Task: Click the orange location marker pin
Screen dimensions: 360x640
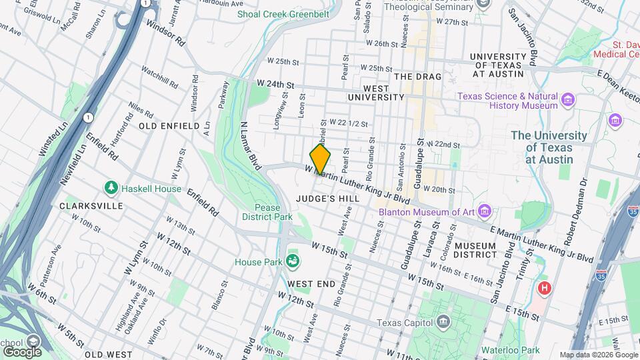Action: pos(320,159)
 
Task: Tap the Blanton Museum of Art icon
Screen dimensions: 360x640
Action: pos(485,212)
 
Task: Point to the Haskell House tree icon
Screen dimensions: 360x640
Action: pos(111,189)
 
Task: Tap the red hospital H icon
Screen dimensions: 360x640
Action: pos(545,289)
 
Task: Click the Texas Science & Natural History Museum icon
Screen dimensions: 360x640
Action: pos(568,101)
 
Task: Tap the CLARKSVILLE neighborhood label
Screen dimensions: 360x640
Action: pos(91,206)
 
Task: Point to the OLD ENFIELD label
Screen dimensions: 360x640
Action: pos(169,125)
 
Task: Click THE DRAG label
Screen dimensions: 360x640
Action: pos(418,77)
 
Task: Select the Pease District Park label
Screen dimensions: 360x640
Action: pos(267,212)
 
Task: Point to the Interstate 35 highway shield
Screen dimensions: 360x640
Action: pos(632,211)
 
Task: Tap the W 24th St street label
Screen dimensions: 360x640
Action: pos(275,85)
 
